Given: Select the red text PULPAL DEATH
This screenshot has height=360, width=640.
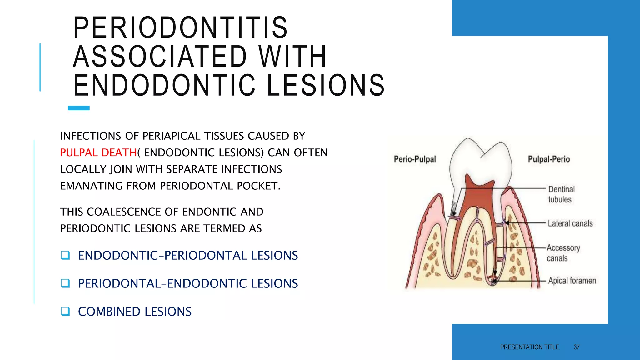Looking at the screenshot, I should [98, 152].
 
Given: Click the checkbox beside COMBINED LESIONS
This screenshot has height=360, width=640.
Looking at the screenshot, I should [65, 311].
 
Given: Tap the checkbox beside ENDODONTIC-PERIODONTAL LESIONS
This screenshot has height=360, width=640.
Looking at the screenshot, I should [65, 255].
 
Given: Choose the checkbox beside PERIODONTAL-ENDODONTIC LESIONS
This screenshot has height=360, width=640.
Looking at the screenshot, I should [65, 283].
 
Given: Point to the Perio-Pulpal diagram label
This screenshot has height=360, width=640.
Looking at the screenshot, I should [415, 159].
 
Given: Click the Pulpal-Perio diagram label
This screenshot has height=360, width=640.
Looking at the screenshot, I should [549, 159].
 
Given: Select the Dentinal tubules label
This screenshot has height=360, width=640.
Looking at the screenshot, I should [561, 194].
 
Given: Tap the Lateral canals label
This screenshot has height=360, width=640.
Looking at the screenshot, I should [570, 223].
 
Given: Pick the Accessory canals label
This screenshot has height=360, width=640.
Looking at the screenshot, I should [563, 253].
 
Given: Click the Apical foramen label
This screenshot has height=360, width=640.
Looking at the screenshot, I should [572, 281].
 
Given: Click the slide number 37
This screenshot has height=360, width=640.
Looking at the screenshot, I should [577, 347].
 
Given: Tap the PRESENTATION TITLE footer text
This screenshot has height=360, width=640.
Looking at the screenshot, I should [529, 347].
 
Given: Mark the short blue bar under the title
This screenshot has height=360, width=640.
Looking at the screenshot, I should [79, 108].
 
